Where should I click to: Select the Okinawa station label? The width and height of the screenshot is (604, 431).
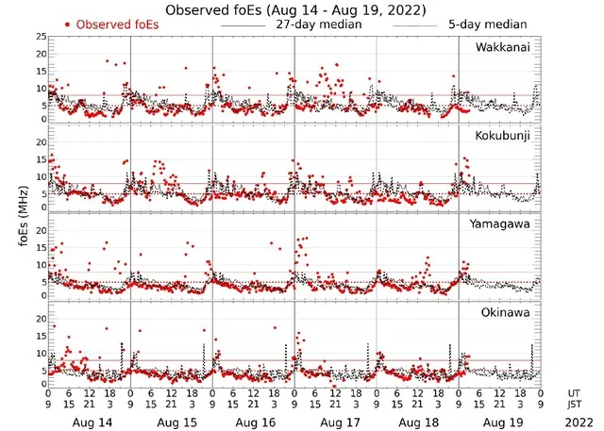tap(506, 311)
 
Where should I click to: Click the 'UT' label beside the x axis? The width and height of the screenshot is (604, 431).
tap(575, 392)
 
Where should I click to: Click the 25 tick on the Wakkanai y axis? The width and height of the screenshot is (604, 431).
tap(40, 36)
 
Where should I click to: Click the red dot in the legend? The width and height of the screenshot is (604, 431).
tap(68, 25)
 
